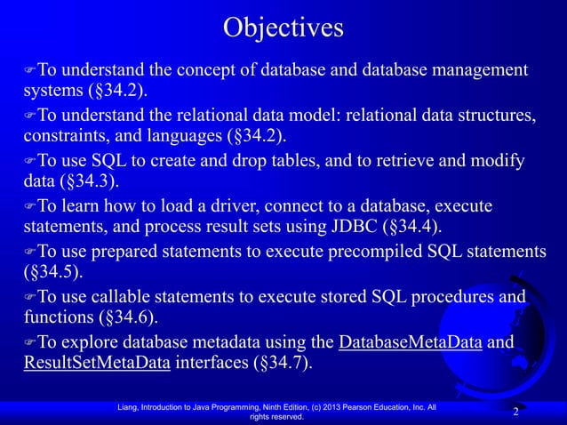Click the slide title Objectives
pos(283,28)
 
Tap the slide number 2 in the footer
pos(515,413)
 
